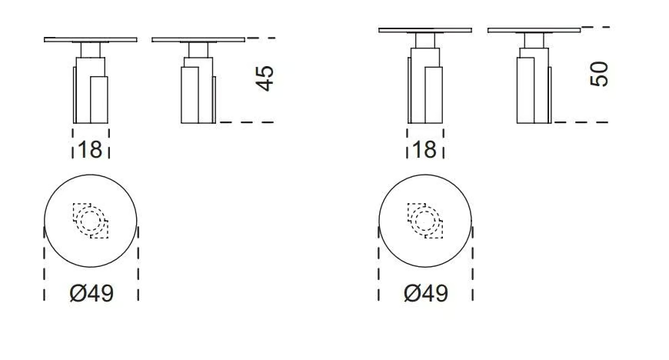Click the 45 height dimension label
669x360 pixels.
click(x=265, y=78)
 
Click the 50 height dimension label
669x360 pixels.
click(x=599, y=75)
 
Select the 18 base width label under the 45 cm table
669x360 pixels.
click(x=91, y=150)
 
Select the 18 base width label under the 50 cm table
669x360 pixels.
click(x=425, y=150)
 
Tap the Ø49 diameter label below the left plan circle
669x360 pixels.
click(x=92, y=293)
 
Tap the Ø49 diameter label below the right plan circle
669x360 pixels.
click(x=426, y=293)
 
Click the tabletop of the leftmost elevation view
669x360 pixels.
click(x=91, y=40)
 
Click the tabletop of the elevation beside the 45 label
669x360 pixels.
click(x=198, y=40)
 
